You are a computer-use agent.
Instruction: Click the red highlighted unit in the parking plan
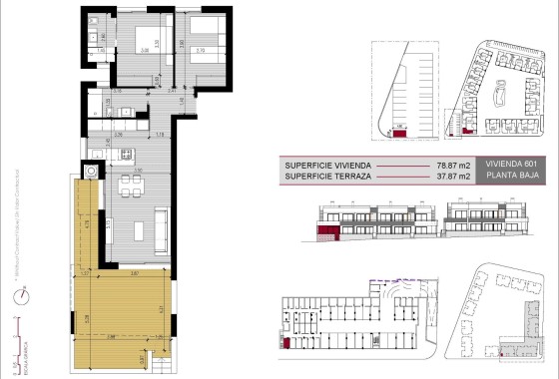(400, 132)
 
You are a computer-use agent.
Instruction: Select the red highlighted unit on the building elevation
(326, 231)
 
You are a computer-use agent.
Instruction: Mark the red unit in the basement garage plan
(288, 343)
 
